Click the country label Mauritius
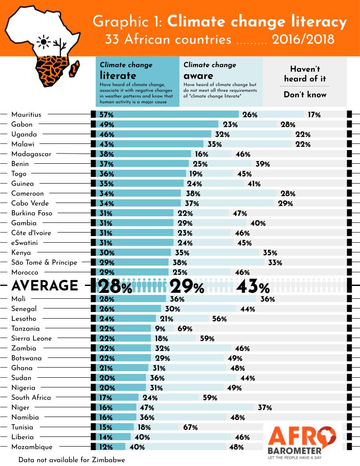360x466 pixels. [x=26, y=115]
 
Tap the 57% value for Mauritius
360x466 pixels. [x=107, y=115]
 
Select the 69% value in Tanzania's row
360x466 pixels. [x=184, y=329]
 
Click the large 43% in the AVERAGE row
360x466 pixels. [x=252, y=287]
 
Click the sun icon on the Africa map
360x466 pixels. [x=44, y=42]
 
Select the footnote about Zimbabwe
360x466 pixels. [x=71, y=460]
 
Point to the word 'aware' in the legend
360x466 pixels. [x=198, y=75]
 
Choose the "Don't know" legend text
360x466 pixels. [x=305, y=95]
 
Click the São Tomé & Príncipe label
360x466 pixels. [x=44, y=263]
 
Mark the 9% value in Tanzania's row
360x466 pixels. [x=160, y=329]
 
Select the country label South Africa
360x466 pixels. [x=31, y=398]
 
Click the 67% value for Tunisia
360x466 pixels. [x=190, y=428]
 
